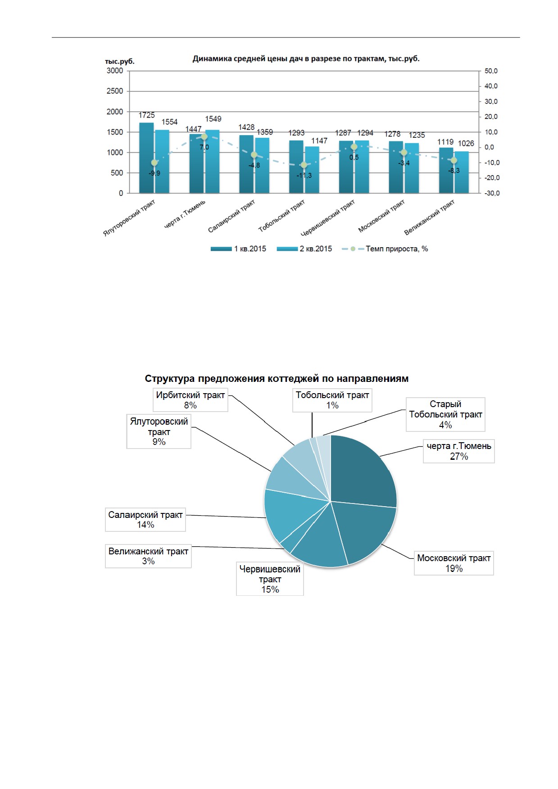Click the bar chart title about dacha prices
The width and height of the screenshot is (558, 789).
click(x=306, y=59)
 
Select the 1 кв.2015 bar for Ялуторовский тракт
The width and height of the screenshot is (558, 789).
click(x=146, y=158)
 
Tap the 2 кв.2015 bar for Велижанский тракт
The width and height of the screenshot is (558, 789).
click(x=462, y=172)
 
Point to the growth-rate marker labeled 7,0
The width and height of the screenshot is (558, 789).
click(x=204, y=136)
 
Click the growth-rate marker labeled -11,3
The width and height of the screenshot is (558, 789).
click(x=304, y=165)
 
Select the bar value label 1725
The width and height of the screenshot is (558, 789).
click(x=146, y=115)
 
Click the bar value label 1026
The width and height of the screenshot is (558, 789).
click(x=466, y=143)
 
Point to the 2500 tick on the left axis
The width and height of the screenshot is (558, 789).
click(x=115, y=91)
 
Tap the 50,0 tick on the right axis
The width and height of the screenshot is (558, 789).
click(x=491, y=71)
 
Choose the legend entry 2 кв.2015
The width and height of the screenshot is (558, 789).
click(x=304, y=249)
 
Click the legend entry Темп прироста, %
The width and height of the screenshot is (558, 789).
click(x=385, y=249)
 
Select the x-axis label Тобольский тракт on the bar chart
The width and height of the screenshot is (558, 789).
click(x=281, y=216)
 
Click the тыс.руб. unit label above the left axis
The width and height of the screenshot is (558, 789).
click(x=120, y=61)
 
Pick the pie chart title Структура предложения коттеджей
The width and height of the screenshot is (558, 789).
click(x=277, y=379)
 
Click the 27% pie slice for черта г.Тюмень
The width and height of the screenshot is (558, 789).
click(x=360, y=473)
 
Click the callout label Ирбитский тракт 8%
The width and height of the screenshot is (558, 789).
click(x=191, y=400)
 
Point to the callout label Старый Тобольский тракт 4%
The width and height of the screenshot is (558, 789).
click(x=445, y=414)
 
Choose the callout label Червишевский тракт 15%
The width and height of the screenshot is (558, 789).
click(x=270, y=579)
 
